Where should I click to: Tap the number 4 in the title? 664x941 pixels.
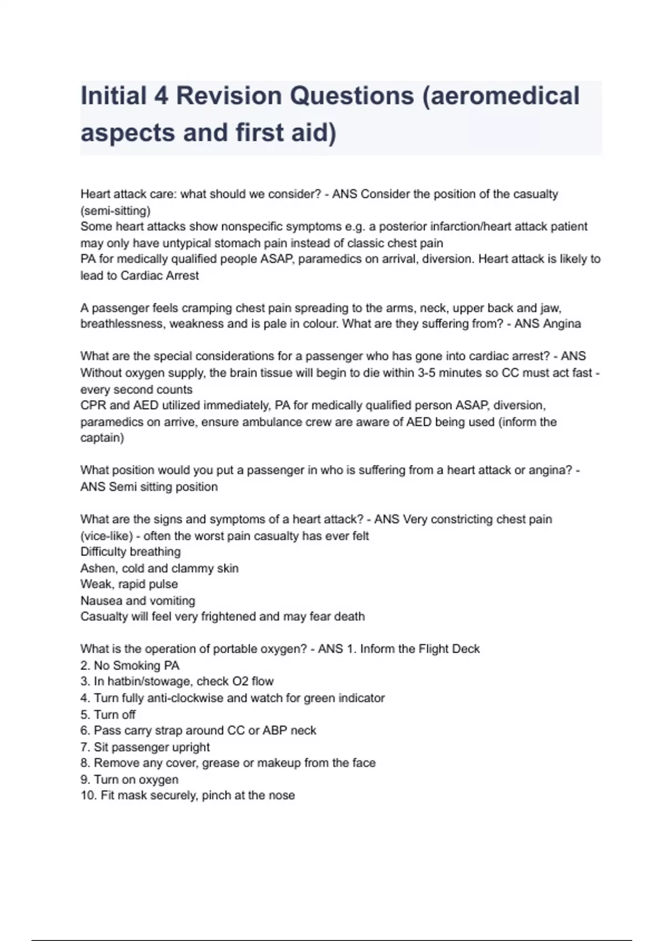point(161,96)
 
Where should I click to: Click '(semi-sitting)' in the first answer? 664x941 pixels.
point(115,211)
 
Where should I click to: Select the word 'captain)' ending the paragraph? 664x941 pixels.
point(102,438)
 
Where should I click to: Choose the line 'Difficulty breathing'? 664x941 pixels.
point(131,552)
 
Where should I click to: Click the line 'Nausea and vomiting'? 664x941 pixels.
point(138,601)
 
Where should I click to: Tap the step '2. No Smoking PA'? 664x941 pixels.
point(130,665)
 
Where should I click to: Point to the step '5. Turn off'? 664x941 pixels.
point(108,715)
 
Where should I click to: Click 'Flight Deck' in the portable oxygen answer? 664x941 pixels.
point(449,649)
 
